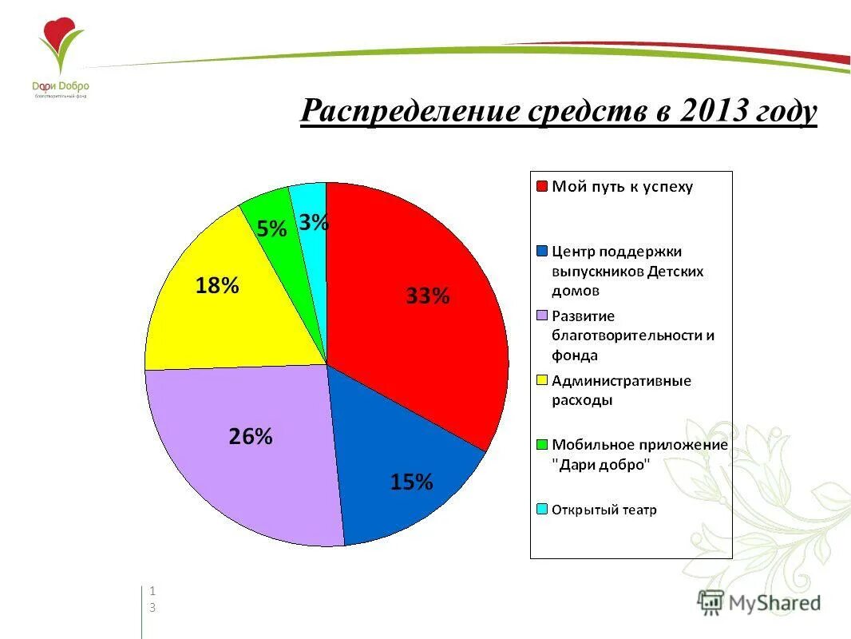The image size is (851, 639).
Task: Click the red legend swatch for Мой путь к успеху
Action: pyautogui.click(x=542, y=187)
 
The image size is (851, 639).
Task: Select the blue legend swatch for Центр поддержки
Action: pyautogui.click(x=542, y=252)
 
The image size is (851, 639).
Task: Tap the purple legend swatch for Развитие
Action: pyautogui.click(x=542, y=316)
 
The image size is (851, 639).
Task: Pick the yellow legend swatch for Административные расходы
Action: pyautogui.click(x=542, y=381)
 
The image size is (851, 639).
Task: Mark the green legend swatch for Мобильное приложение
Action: pyautogui.click(x=542, y=445)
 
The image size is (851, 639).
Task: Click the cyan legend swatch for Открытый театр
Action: pyautogui.click(x=542, y=510)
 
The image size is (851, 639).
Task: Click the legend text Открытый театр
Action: pyautogui.click(x=604, y=510)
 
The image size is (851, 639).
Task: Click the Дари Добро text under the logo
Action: pyautogui.click(x=61, y=85)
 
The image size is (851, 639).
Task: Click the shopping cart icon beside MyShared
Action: pyautogui.click(x=710, y=601)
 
